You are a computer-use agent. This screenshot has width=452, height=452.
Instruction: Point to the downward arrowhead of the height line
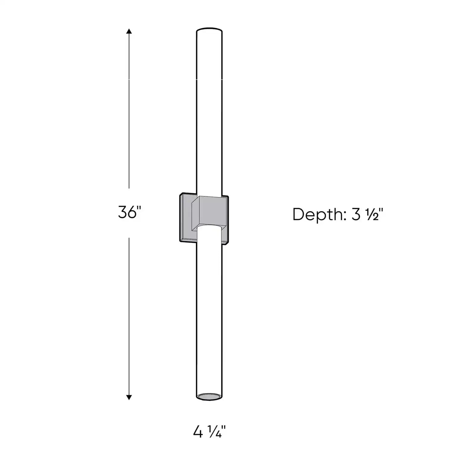[x=129, y=397]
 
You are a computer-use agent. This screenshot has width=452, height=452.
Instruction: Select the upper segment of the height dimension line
[x=129, y=108]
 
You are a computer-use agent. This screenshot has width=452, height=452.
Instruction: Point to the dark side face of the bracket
[x=196, y=211]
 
